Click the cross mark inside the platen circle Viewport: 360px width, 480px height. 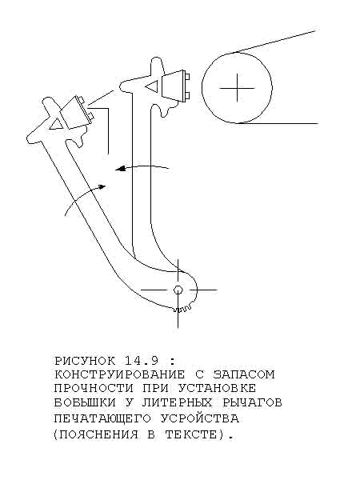238,88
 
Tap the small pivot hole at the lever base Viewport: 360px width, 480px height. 178,290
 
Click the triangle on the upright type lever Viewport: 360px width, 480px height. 152,86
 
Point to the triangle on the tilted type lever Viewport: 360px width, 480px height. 57,123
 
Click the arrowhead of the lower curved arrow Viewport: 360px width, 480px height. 102,186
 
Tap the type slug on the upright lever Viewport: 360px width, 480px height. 174,86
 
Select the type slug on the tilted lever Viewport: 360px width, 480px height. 77,113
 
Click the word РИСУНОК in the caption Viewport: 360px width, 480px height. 85,362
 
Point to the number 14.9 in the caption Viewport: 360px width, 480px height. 142,362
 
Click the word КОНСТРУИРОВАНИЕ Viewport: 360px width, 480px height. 120,374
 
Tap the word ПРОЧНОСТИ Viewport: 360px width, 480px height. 94,389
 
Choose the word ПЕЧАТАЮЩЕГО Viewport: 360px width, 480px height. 102,418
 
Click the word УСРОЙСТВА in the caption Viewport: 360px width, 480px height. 199,418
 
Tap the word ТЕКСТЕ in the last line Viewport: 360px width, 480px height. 191,434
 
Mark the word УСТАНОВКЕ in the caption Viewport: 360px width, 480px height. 217,389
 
